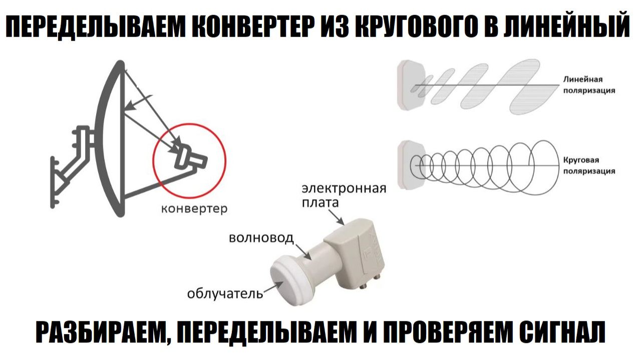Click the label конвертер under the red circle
(194, 209)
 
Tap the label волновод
(261, 238)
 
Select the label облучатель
(225, 293)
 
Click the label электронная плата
(344, 195)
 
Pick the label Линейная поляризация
(589, 85)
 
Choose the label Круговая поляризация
(589, 165)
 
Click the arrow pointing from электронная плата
(336, 217)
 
